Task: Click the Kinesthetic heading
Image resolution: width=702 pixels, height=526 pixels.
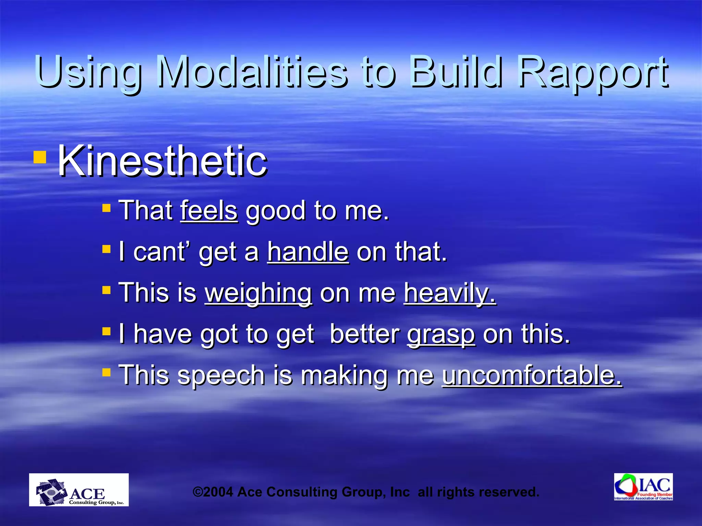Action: (x=162, y=161)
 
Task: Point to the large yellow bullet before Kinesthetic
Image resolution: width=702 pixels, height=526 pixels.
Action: (x=40, y=157)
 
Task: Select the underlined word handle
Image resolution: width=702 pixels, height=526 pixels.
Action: (x=308, y=252)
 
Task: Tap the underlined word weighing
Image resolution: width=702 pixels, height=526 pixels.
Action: (x=258, y=293)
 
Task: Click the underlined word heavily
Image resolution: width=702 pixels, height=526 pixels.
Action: (x=450, y=293)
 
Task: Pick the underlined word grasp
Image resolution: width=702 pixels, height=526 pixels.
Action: (x=441, y=335)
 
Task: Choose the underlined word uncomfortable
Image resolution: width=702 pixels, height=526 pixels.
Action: (x=532, y=375)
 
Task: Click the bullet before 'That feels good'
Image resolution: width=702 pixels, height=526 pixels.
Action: (x=107, y=208)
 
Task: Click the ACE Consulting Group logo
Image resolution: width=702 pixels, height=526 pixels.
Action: (x=79, y=490)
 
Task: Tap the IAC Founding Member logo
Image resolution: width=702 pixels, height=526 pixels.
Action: (x=643, y=487)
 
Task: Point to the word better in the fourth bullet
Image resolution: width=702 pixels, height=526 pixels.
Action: (x=364, y=334)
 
